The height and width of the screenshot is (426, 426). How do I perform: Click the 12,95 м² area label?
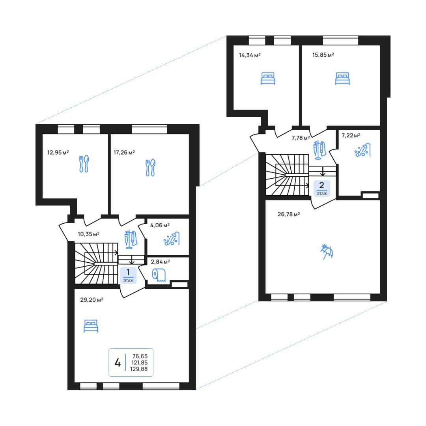58,152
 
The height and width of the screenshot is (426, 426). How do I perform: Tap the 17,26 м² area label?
124,152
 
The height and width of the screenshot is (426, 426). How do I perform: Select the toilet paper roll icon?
159,275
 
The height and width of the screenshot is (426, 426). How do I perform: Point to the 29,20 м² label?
92,300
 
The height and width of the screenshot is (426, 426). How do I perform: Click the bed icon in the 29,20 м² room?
91,326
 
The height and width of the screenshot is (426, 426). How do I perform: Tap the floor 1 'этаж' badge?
128,275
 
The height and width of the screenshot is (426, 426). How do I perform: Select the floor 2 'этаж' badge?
322,188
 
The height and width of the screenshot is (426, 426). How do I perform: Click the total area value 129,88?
139,369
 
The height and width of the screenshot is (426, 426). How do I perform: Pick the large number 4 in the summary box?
118,362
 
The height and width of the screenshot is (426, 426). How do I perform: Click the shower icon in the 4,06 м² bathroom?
172,239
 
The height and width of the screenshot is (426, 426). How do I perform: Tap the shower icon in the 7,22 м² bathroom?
362,150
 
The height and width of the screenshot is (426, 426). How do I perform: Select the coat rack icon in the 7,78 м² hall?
319,150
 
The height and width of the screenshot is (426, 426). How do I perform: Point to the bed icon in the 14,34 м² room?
268,78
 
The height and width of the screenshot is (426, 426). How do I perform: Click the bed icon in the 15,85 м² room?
342,78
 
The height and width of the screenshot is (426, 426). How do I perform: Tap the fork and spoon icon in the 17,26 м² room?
151,167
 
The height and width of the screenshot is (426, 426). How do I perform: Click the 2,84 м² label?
160,262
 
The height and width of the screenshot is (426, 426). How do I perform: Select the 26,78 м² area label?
288,214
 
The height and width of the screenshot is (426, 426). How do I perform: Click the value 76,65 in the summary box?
140,356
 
